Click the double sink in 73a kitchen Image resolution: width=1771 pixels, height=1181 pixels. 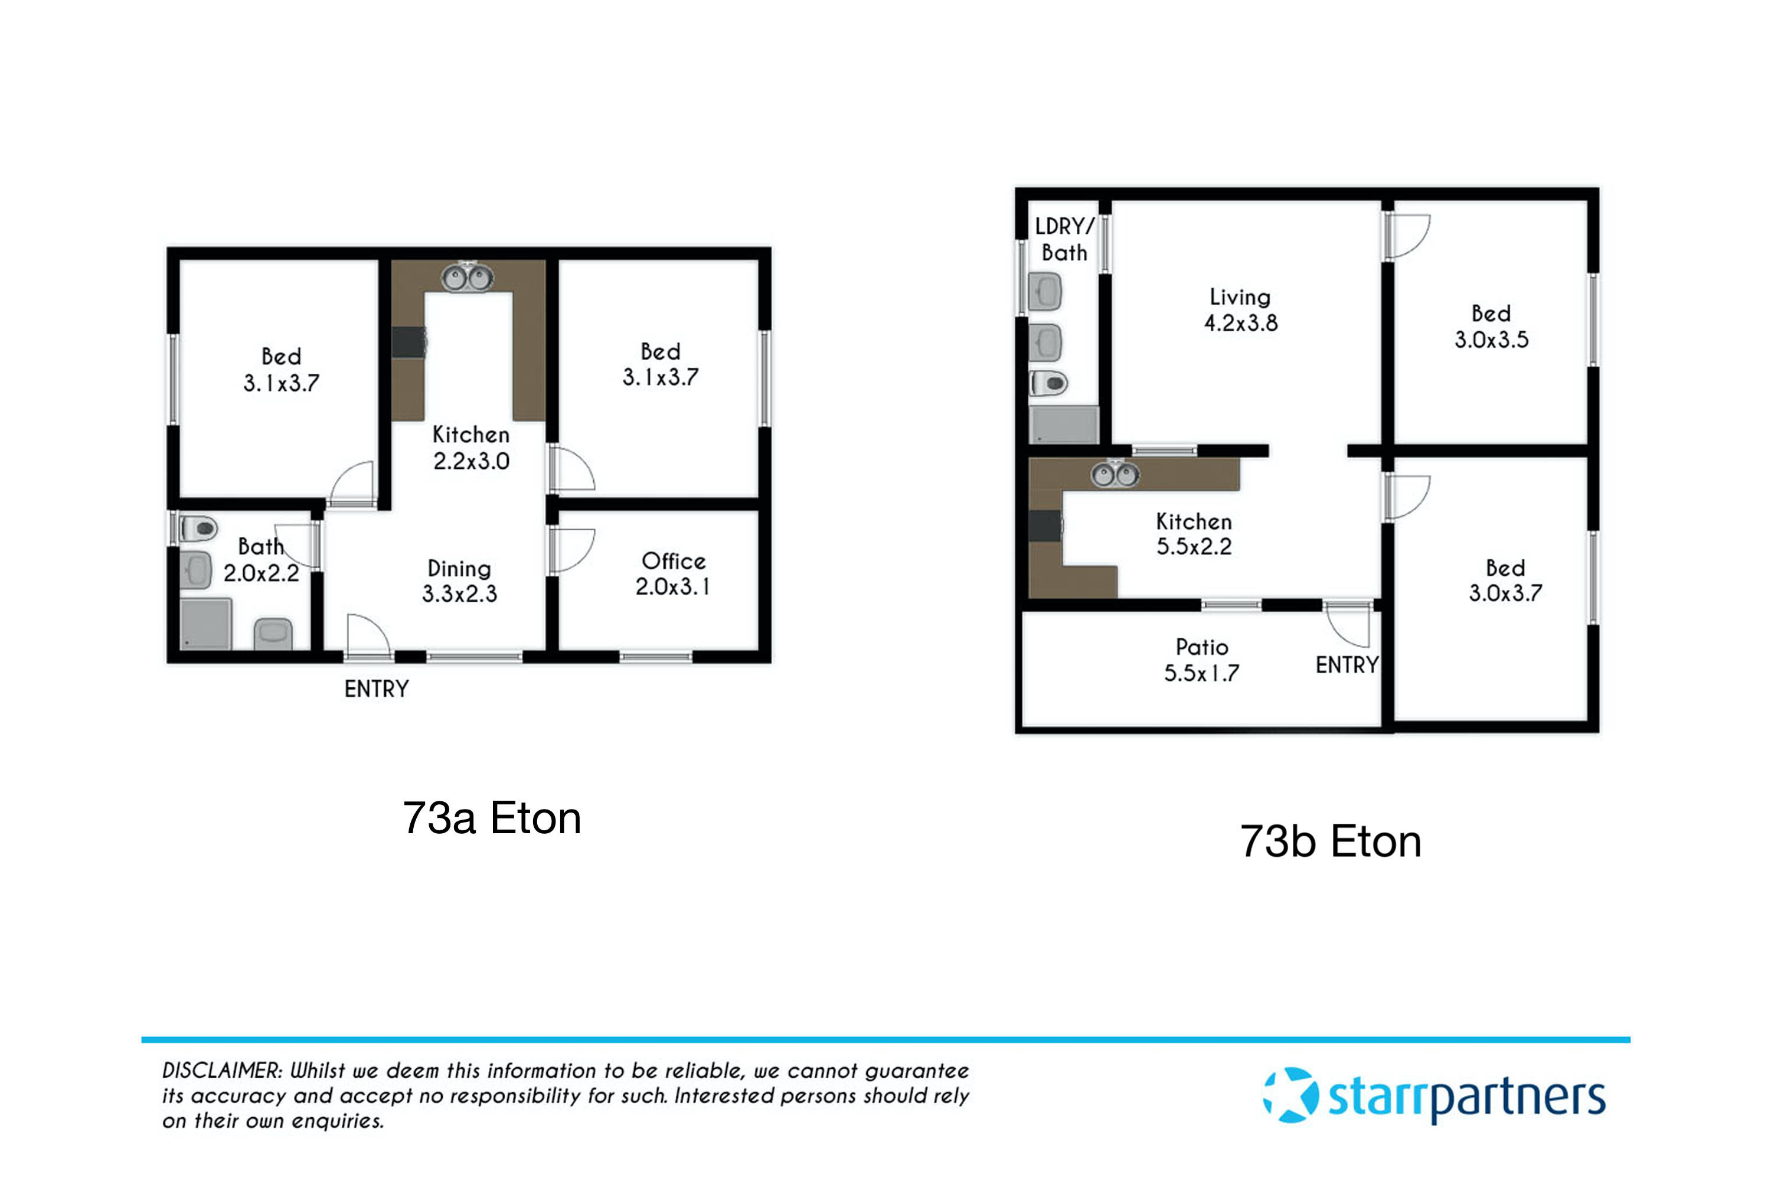[467, 278]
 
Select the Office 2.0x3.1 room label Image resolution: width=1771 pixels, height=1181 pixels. [672, 574]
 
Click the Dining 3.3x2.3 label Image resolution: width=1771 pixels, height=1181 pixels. [459, 580]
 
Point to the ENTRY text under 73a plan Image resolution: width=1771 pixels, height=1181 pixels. [377, 689]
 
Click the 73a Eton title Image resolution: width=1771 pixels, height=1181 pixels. [492, 818]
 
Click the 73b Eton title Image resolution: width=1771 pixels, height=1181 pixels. [1331, 841]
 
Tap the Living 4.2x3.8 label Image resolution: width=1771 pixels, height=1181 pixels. [1241, 309]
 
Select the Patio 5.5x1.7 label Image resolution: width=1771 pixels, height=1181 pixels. [1202, 660]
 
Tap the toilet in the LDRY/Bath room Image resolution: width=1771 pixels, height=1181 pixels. [1050, 383]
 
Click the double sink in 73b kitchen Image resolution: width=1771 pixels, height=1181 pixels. [1115, 475]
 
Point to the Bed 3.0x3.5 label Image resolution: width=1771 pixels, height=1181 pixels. [1491, 326]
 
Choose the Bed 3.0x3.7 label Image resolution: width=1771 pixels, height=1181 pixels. [1505, 580]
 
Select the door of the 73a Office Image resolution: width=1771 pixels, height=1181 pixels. [572, 549]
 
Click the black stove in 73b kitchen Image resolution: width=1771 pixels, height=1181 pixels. [1045, 526]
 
